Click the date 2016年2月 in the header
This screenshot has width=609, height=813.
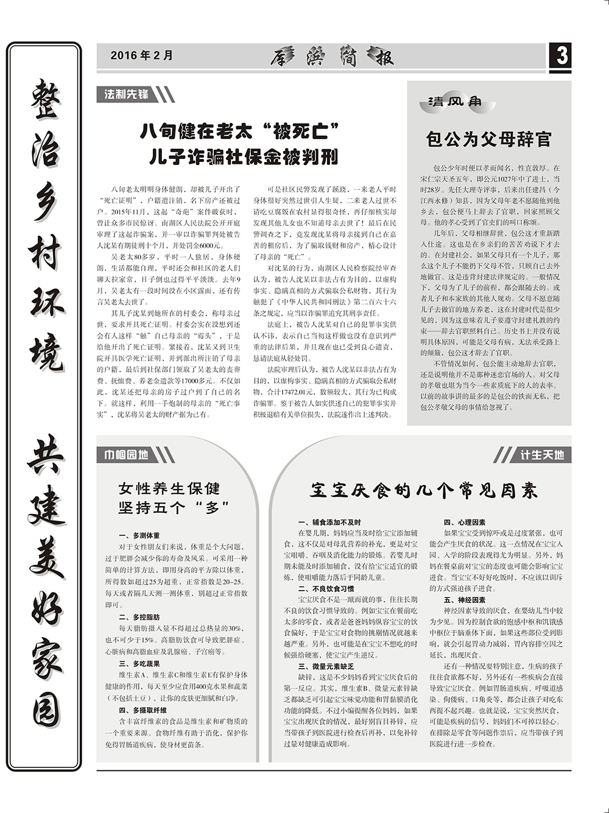[142, 55]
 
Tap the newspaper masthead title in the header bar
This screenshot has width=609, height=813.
[333, 57]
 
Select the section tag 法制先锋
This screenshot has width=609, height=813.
[127, 94]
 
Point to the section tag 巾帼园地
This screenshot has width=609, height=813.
[126, 454]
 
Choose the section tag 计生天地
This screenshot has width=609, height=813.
[541, 454]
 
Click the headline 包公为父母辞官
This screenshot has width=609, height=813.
[488, 139]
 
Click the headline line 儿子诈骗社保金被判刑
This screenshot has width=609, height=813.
[243, 157]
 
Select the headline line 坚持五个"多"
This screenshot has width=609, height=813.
[174, 507]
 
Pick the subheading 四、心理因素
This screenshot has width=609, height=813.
[464, 523]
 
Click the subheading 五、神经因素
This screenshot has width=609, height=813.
[464, 600]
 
